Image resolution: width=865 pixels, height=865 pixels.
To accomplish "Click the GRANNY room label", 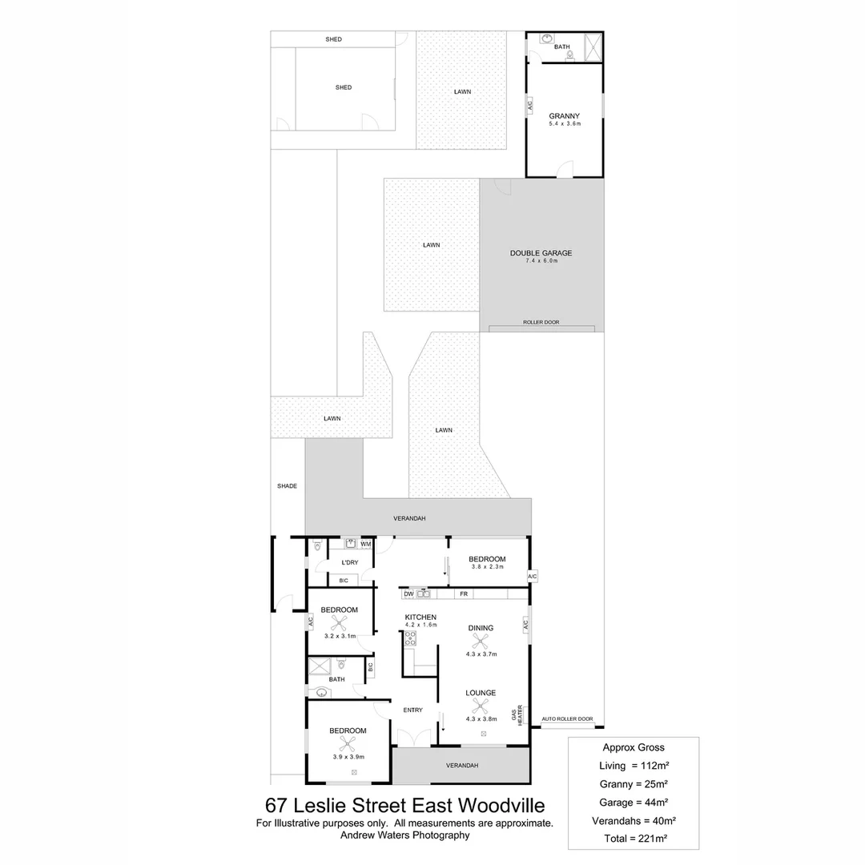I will click(564, 116).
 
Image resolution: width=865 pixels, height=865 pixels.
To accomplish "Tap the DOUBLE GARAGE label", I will click(541, 253).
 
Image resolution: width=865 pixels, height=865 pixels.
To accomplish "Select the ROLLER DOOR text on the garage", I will click(541, 322).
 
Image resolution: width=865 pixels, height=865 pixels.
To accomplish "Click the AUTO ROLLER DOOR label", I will click(567, 719).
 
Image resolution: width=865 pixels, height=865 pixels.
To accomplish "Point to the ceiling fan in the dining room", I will click(481, 641).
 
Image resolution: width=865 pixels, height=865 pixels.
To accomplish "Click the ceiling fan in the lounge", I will click(481, 706).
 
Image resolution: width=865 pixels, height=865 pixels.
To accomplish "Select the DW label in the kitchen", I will click(408, 594).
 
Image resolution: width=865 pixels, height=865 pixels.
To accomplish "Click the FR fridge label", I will click(464, 594).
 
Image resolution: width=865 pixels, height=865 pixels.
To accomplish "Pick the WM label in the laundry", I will click(366, 545).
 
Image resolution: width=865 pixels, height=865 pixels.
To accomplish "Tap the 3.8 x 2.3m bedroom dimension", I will click(486, 567).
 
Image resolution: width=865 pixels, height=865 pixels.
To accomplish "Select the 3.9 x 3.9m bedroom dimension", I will click(348, 756).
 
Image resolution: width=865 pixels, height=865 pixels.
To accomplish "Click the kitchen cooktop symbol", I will click(409, 638).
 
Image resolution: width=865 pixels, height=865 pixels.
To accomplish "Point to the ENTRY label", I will click(412, 710).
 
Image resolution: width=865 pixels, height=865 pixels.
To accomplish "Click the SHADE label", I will click(287, 486).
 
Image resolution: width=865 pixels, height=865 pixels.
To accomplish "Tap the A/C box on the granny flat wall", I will click(529, 105).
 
